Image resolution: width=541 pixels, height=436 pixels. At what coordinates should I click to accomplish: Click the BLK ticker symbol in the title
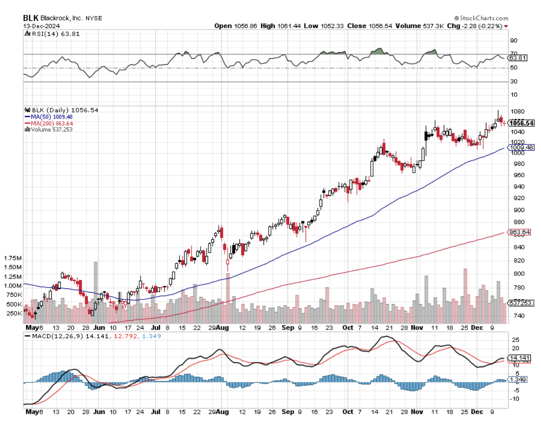(x=31, y=18)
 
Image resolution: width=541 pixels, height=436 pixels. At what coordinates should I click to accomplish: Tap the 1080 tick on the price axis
(x=516, y=112)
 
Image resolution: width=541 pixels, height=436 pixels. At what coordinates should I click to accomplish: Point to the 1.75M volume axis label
(x=12, y=258)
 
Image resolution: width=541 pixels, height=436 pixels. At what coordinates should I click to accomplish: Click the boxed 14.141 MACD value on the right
(x=519, y=358)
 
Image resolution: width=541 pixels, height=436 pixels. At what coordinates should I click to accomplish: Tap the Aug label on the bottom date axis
(x=223, y=411)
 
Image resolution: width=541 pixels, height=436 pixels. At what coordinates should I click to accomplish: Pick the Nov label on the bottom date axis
(x=418, y=411)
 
